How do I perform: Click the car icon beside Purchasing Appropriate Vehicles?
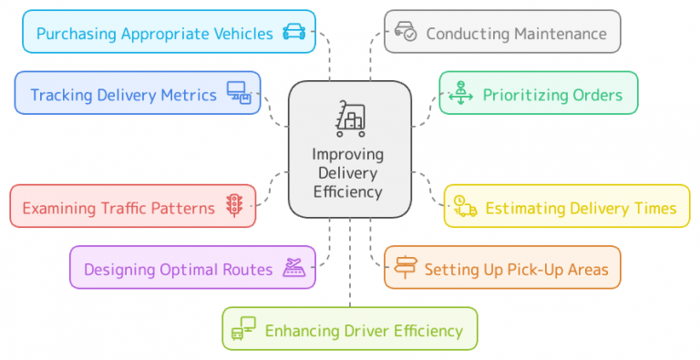pyautogui.click(x=293, y=34)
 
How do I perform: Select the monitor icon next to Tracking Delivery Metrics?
pyautogui.click(x=238, y=94)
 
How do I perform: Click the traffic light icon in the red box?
pyautogui.click(x=234, y=207)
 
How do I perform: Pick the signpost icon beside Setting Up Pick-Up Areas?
pyautogui.click(x=406, y=268)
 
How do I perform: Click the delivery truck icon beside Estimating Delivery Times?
pyautogui.click(x=465, y=207)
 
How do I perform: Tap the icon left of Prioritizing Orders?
pyautogui.click(x=461, y=94)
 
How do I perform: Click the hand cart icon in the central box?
pyautogui.click(x=349, y=119)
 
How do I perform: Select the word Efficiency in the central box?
pyautogui.click(x=347, y=191)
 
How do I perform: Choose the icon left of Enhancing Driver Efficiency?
pyautogui.click(x=243, y=329)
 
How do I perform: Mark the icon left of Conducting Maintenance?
pyautogui.click(x=406, y=33)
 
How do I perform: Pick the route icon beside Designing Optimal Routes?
pyautogui.click(x=293, y=268)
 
